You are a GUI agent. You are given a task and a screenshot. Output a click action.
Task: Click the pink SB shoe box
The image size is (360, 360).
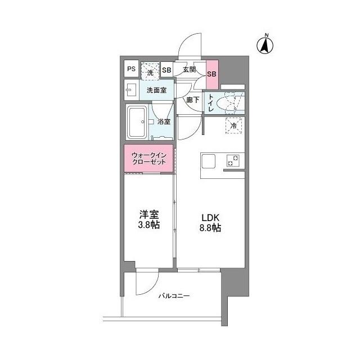[x=212, y=74]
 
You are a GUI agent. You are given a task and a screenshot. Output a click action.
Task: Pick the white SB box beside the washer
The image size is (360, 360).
[x=166, y=70]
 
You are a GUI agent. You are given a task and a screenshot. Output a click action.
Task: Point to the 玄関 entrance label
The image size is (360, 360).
[x=189, y=70]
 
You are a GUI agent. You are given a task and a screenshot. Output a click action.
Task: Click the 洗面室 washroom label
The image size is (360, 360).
[x=157, y=89]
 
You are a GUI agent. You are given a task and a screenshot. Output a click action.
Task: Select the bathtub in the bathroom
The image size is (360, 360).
[x=137, y=122]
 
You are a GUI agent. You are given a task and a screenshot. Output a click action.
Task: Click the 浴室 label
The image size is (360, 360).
[x=164, y=121]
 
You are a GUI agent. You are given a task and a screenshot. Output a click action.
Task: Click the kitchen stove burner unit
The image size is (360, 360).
[x=233, y=160]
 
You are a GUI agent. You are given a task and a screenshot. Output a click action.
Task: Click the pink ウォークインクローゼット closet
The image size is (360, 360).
[x=149, y=158]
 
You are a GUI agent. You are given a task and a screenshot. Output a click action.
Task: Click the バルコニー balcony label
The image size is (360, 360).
[x=173, y=295]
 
